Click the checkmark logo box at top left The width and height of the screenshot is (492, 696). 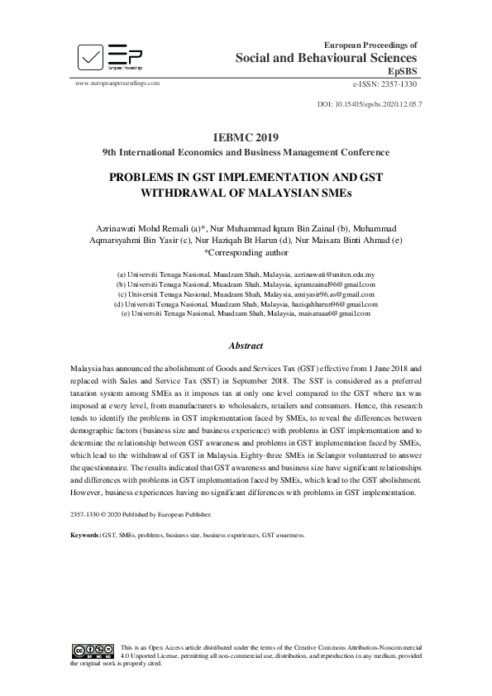click(92, 55)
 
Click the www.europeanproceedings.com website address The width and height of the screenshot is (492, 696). click(117, 84)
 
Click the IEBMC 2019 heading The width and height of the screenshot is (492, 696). click(246, 137)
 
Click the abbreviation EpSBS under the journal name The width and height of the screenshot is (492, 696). click(404, 72)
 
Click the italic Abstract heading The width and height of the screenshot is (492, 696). click(246, 346)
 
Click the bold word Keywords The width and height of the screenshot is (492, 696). click(85, 536)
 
